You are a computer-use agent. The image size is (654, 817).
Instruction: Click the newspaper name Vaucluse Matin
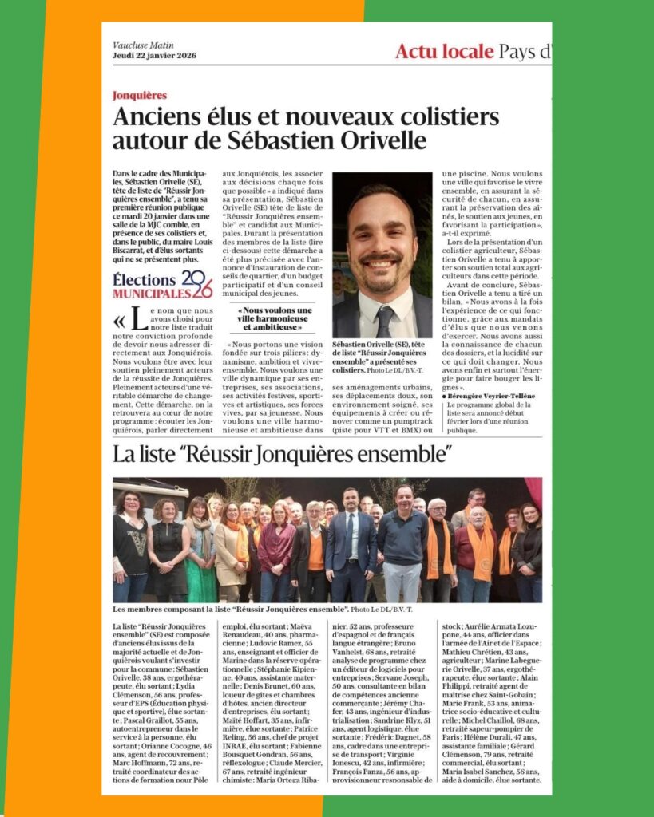(x=143, y=45)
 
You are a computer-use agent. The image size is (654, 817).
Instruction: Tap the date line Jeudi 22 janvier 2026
(x=153, y=54)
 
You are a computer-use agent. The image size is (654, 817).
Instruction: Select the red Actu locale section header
(x=444, y=52)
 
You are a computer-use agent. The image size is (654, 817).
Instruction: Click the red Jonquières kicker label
(x=140, y=95)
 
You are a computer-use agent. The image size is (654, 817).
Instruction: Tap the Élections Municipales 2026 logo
(x=162, y=284)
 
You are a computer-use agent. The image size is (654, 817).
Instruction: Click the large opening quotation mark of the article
(x=121, y=320)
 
